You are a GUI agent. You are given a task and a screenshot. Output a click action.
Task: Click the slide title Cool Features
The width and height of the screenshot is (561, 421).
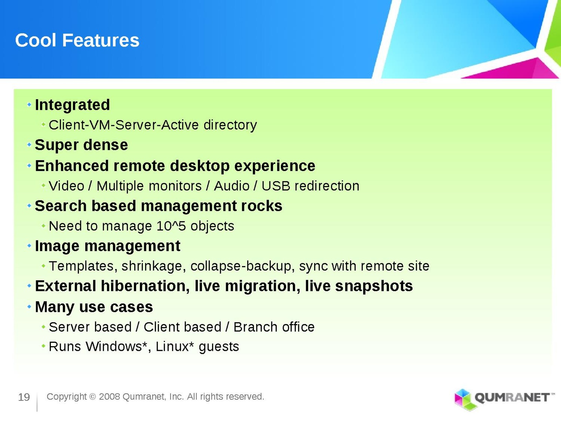[x=77, y=40]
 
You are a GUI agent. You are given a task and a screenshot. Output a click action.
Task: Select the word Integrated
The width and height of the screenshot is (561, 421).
[x=72, y=105]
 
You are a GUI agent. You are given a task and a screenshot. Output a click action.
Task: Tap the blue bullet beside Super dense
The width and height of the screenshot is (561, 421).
[x=29, y=145]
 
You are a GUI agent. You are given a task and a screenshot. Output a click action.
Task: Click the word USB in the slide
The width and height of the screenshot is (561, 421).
[x=276, y=186]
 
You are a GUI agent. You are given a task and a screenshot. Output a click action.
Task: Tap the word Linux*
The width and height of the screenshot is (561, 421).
[x=175, y=347]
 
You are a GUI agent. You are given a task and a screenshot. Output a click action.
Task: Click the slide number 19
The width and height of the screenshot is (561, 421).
[x=24, y=397]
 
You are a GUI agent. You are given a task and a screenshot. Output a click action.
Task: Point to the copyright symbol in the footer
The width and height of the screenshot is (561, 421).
[x=93, y=397]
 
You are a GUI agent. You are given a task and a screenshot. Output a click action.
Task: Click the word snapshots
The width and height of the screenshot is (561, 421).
[x=374, y=286]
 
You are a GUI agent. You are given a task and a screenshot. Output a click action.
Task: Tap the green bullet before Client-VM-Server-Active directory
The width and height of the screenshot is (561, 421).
[x=43, y=125]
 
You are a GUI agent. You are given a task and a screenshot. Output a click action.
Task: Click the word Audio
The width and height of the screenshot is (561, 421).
[x=231, y=186]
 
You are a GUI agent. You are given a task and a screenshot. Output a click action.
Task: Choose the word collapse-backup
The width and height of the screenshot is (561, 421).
[x=241, y=266]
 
